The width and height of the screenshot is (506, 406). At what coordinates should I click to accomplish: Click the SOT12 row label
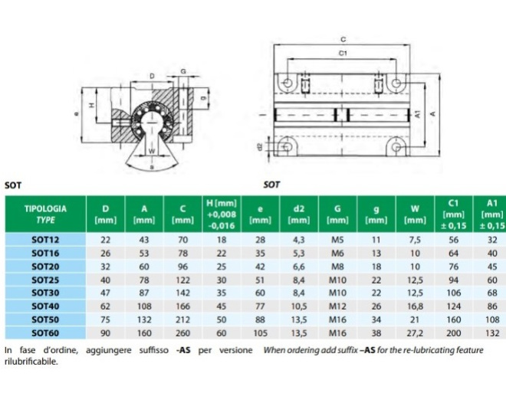[45, 240]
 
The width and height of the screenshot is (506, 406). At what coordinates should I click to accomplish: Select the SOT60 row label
[45, 332]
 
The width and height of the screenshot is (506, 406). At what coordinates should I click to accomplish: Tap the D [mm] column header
[106, 214]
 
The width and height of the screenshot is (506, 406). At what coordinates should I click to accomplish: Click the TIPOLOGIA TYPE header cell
[45, 214]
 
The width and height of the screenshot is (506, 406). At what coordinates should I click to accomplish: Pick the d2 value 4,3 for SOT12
[299, 240]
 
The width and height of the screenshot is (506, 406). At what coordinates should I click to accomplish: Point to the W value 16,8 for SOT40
[415, 306]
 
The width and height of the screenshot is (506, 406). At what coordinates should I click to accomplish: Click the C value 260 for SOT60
[182, 332]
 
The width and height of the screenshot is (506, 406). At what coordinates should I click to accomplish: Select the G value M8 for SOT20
[337, 267]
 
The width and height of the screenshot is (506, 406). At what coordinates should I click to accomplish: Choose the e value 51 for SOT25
[260, 280]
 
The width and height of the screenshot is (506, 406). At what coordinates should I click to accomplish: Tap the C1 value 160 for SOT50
[454, 319]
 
